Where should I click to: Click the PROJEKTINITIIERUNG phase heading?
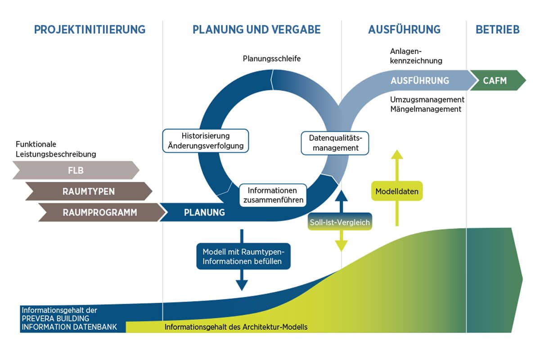(90, 30)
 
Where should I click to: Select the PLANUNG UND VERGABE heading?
(256, 30)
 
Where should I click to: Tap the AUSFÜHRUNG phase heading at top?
(404, 30)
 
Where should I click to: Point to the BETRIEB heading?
(498, 30)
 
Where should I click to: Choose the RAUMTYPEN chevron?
(88, 191)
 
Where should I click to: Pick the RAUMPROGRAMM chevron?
(100, 212)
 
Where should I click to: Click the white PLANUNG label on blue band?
(204, 212)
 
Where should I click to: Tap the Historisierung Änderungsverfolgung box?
(206, 140)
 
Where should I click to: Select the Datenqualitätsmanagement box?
(335, 143)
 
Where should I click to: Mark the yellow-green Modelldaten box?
(397, 191)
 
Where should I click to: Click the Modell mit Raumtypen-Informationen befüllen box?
(243, 256)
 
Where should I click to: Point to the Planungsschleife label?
(272, 58)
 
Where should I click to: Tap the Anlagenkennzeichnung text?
(416, 56)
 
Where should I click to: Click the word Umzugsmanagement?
(427, 99)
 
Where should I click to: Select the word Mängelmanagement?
(426, 109)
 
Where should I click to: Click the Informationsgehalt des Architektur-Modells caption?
(236, 327)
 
